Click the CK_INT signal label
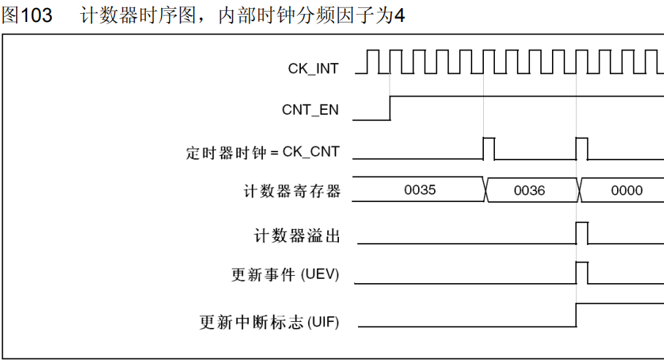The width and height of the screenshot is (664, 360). (x=313, y=68)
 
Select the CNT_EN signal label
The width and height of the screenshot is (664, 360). (x=310, y=110)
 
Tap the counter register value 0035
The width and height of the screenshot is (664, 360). (x=419, y=190)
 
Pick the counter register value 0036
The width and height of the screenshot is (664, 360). (x=529, y=190)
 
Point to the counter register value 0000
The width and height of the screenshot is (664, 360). (x=627, y=190)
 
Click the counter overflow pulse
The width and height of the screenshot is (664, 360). (x=582, y=233)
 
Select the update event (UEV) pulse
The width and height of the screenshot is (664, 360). (x=582, y=272)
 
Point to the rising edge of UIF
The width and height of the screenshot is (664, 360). (x=577, y=314)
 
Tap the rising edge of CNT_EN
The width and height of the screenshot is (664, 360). (x=390, y=108)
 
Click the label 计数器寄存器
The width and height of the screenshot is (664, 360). (x=292, y=192)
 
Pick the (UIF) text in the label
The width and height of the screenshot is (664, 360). (x=323, y=321)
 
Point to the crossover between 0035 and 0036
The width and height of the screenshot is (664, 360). (x=485, y=190)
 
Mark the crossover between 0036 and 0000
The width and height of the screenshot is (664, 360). (x=579, y=190)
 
